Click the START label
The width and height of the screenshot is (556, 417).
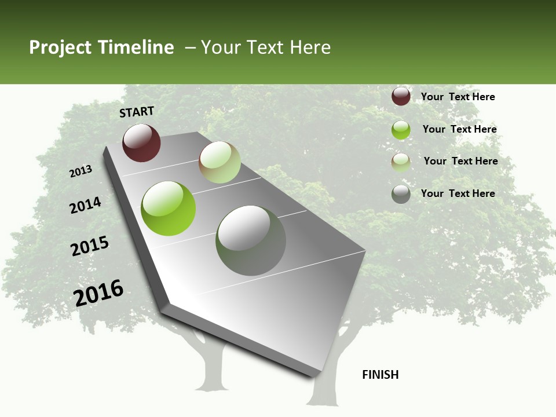tap(137, 112)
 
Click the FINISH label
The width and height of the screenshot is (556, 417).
tap(380, 375)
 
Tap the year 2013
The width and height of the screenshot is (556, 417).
tap(81, 171)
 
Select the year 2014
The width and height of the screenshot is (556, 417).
tap(85, 205)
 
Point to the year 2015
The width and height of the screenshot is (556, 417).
tap(90, 246)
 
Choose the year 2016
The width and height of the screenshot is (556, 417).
tap(99, 292)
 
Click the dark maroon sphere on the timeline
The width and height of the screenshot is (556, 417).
tap(141, 142)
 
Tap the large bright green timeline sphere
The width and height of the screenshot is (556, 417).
tap(168, 209)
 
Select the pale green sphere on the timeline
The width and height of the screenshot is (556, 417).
tap(220, 162)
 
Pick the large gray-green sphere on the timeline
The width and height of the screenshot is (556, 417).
tap(250, 240)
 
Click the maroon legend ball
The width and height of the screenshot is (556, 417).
tap(401, 96)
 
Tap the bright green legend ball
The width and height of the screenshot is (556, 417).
tap(401, 130)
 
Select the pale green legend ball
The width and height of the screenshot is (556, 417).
tap(401, 162)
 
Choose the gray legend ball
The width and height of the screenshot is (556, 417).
tap(401, 194)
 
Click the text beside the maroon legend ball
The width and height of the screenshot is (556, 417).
tap(458, 97)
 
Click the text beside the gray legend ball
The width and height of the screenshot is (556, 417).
tap(458, 193)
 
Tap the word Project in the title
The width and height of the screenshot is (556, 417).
tap(60, 47)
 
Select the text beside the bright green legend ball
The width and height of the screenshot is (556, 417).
tap(459, 129)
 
